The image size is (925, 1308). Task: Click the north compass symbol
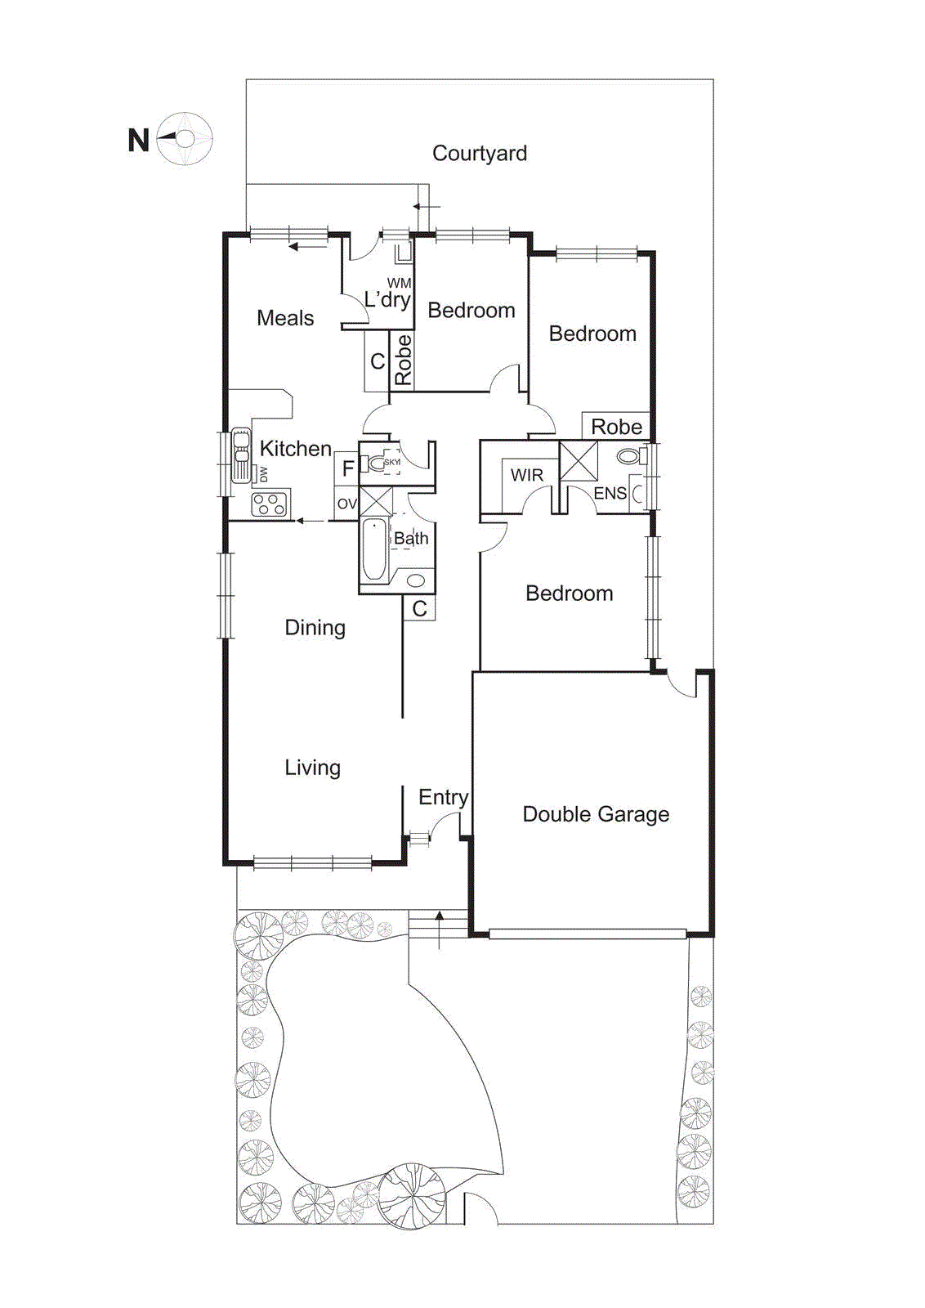click(x=185, y=139)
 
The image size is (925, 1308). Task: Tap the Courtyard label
click(x=479, y=153)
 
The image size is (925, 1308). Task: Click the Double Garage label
click(x=595, y=814)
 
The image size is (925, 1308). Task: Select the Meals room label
click(x=284, y=318)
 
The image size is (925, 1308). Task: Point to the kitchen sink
click(x=241, y=455)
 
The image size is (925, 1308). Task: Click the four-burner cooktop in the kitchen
click(x=269, y=504)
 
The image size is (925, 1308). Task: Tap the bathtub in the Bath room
click(x=374, y=549)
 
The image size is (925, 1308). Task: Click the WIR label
click(x=526, y=475)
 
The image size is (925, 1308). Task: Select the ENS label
click(x=610, y=493)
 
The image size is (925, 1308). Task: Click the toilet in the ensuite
click(x=628, y=456)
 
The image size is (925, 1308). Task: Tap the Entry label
click(x=443, y=797)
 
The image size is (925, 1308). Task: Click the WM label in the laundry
click(x=399, y=284)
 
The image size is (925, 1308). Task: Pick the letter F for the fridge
click(x=347, y=468)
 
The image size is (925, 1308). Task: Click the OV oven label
click(x=346, y=504)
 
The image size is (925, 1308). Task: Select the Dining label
click(x=315, y=628)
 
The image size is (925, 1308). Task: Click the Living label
click(x=312, y=768)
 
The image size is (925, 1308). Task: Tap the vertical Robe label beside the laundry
click(x=403, y=361)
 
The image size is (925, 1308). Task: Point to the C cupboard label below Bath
click(x=419, y=608)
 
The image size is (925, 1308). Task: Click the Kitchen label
click(x=295, y=448)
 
